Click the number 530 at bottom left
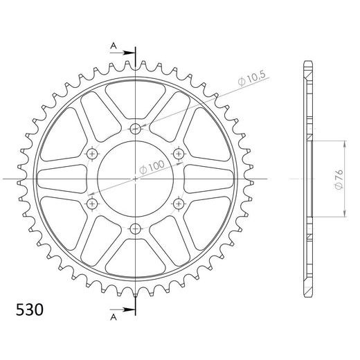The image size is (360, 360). point(30,309)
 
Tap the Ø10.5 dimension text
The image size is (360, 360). point(252,78)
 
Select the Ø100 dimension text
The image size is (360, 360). point(152,167)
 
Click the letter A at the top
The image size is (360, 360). point(114,46)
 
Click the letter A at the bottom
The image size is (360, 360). point(114,318)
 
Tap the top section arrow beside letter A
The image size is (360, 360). point(123,53)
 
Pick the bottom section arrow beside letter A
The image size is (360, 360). point(123,309)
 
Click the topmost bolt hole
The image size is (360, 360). point(136,128)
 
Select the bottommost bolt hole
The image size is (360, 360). point(136,229)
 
